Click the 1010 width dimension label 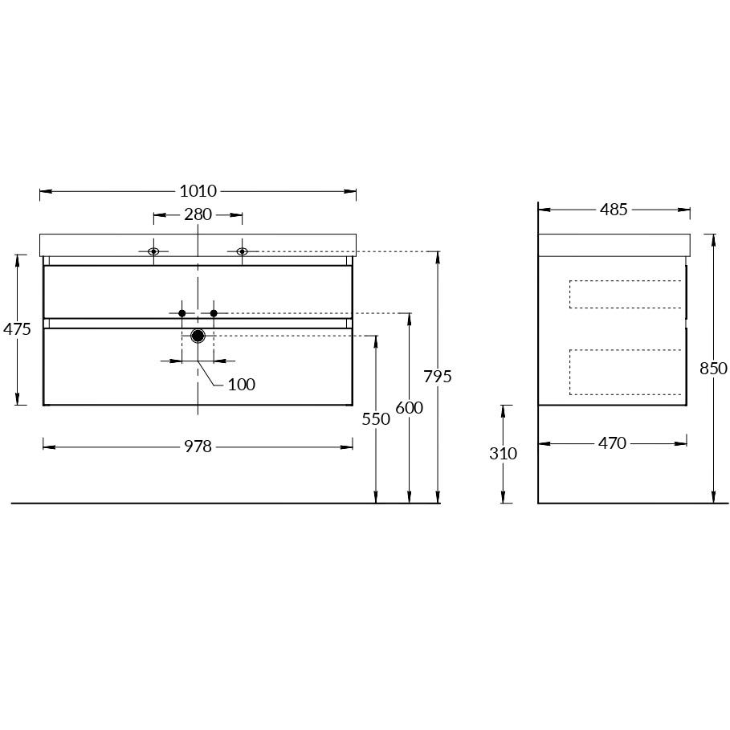(198, 191)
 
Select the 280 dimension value (198, 214)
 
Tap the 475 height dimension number (17, 329)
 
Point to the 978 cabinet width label (198, 447)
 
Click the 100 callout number (242, 385)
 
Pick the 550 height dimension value (376, 419)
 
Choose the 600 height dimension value (410, 408)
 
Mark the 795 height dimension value (438, 376)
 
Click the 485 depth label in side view (614, 210)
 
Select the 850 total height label (713, 369)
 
